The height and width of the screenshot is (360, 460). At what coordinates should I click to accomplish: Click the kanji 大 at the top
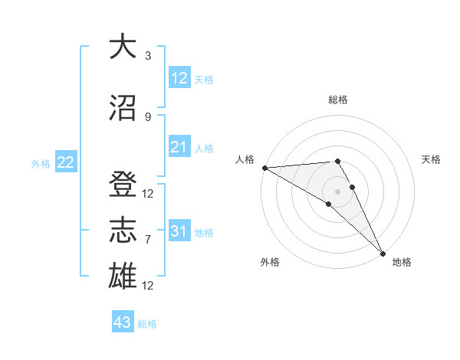coord(122,47)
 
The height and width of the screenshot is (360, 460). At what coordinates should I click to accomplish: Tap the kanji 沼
coord(122,107)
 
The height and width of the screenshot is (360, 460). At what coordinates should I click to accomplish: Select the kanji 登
coord(122,185)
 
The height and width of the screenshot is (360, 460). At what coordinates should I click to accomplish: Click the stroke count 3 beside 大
coord(148,56)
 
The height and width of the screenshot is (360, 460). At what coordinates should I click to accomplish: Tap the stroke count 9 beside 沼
coord(148,116)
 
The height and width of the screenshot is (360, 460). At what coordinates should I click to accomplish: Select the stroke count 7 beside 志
coord(148,240)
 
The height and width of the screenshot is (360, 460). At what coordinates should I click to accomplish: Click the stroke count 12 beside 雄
coord(148,286)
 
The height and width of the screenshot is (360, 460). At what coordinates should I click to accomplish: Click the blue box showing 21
coord(179,147)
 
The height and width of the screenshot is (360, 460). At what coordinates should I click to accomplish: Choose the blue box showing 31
coord(179,231)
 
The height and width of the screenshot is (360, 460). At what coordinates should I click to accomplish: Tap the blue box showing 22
coord(66,162)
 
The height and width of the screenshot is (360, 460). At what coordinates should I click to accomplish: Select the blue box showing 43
coord(122,322)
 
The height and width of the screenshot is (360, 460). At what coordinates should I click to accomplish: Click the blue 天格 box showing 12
coord(179,78)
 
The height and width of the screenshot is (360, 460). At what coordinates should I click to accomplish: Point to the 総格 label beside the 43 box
coord(147,324)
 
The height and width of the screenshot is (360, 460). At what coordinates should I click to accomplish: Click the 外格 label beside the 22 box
coord(41,163)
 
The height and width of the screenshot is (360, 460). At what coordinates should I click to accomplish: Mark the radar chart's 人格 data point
coord(264,168)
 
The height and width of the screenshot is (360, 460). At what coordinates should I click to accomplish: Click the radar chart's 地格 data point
coord(382,253)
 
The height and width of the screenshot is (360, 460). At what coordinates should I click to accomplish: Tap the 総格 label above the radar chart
coord(338,100)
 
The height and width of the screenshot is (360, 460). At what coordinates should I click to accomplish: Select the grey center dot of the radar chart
coord(338,190)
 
